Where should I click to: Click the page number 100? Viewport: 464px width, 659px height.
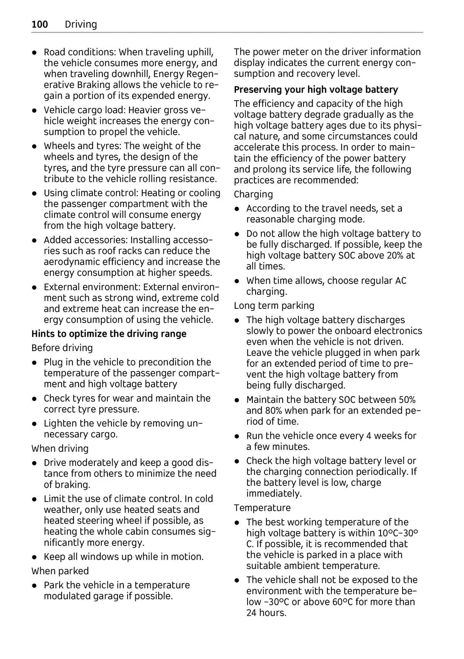pyautogui.click(x=40, y=24)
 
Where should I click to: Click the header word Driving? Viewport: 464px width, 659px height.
pyautogui.click(x=81, y=24)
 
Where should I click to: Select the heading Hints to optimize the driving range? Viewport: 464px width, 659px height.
pyautogui.click(x=109, y=334)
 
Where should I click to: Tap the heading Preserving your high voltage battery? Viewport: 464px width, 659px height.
pyautogui.click(x=316, y=89)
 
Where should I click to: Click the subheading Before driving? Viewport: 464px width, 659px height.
pyautogui.click(x=62, y=348)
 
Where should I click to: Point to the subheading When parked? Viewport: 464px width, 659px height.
pyautogui.click(x=60, y=571)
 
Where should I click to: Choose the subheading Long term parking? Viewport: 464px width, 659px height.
pyautogui.click(x=274, y=306)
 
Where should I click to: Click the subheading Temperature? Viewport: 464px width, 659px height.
pyautogui.click(x=262, y=508)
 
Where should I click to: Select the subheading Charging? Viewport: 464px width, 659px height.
pyautogui.click(x=253, y=194)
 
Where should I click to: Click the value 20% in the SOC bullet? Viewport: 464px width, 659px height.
pyautogui.click(x=395, y=255)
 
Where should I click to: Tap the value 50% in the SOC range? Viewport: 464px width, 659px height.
pyautogui.click(x=407, y=399)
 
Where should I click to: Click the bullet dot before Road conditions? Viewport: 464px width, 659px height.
pyautogui.click(x=34, y=52)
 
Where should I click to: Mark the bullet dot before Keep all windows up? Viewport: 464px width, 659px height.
pyautogui.click(x=34, y=557)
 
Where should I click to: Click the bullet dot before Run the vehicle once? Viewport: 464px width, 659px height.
pyautogui.click(x=237, y=436)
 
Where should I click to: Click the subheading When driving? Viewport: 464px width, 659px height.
pyautogui.click(x=60, y=448)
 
